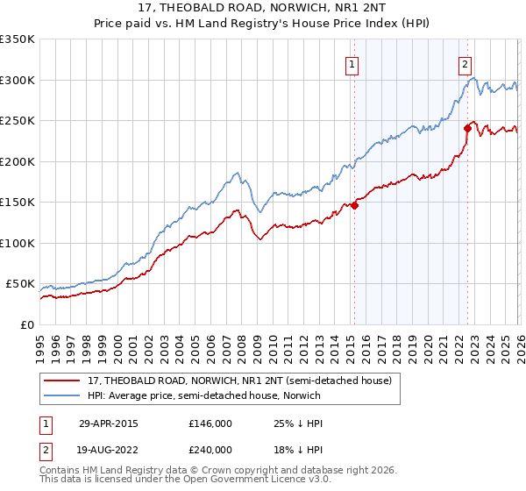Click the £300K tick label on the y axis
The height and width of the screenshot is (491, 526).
pyautogui.click(x=17, y=80)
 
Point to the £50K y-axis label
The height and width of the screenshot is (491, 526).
pyautogui.click(x=19, y=284)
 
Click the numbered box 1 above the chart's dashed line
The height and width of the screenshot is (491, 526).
pyautogui.click(x=352, y=63)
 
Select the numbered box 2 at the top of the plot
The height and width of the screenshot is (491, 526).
pyautogui.click(x=464, y=63)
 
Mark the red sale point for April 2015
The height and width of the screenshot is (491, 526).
pyautogui.click(x=354, y=206)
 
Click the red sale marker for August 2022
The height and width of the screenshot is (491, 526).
pyautogui.click(x=467, y=129)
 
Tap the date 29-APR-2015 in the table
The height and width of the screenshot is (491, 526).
pyautogui.click(x=109, y=423)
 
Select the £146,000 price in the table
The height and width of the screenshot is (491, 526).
pyautogui.click(x=210, y=423)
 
